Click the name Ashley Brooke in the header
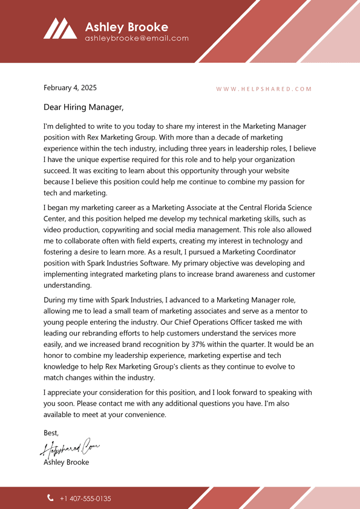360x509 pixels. (x=126, y=27)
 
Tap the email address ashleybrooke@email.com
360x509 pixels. (x=137, y=38)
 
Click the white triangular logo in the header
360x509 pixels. (x=60, y=28)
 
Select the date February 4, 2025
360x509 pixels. (x=70, y=88)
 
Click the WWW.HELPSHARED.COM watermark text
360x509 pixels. (x=264, y=89)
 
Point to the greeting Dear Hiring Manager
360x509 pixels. (x=83, y=108)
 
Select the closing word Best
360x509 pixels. (x=51, y=433)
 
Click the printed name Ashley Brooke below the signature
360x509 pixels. (x=67, y=462)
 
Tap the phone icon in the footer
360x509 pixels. (x=50, y=498)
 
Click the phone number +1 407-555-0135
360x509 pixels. (x=85, y=499)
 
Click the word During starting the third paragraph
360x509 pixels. (x=57, y=299)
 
